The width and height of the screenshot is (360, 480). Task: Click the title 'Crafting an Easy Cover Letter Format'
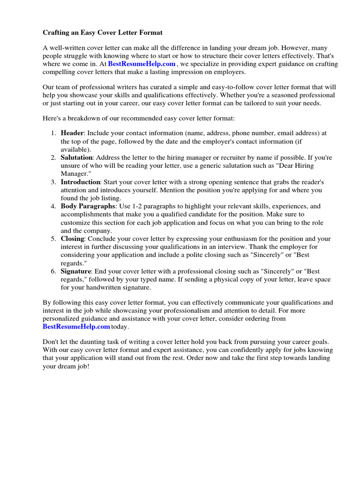pos(103,32)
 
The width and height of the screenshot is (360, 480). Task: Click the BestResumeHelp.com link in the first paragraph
pos(142,64)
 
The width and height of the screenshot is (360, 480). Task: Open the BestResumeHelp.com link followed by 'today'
pos(76,327)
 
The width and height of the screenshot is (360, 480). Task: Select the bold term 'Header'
pos(71,133)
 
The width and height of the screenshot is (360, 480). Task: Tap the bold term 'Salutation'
pos(77,157)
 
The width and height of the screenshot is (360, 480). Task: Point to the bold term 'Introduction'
pos(80,182)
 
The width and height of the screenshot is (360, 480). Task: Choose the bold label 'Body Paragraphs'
pos(88,206)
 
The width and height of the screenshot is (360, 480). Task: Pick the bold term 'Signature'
pos(75,271)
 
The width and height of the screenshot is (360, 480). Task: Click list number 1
pos(53,133)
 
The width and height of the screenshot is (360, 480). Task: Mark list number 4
pos(53,206)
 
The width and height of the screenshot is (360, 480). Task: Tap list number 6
pos(53,271)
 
